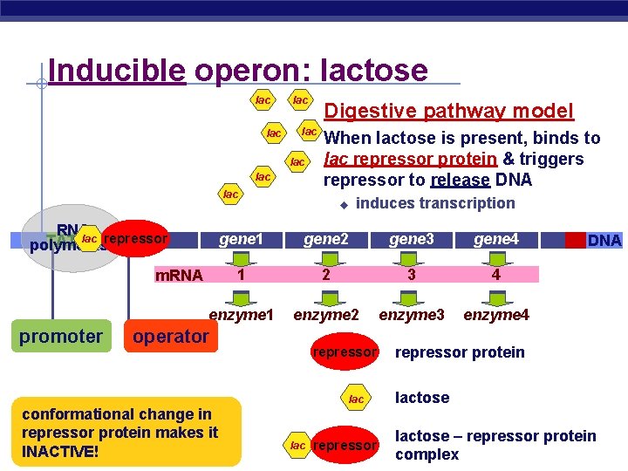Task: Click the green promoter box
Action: click(x=61, y=336)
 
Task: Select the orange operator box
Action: click(x=172, y=336)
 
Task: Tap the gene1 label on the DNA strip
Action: click(x=241, y=239)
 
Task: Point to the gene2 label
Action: click(x=325, y=239)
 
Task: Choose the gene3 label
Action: click(x=411, y=239)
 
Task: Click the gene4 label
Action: click(x=495, y=239)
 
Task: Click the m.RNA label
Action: click(x=178, y=276)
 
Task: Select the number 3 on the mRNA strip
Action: click(x=411, y=275)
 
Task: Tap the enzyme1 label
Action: click(x=242, y=314)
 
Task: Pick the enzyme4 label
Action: click(x=495, y=314)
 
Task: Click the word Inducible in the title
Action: click(x=117, y=70)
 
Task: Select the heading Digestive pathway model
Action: click(x=448, y=111)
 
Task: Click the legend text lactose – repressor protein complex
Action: click(x=495, y=445)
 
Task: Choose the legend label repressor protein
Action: click(x=460, y=352)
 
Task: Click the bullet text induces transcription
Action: click(x=435, y=203)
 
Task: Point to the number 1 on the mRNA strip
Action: click(x=241, y=275)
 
